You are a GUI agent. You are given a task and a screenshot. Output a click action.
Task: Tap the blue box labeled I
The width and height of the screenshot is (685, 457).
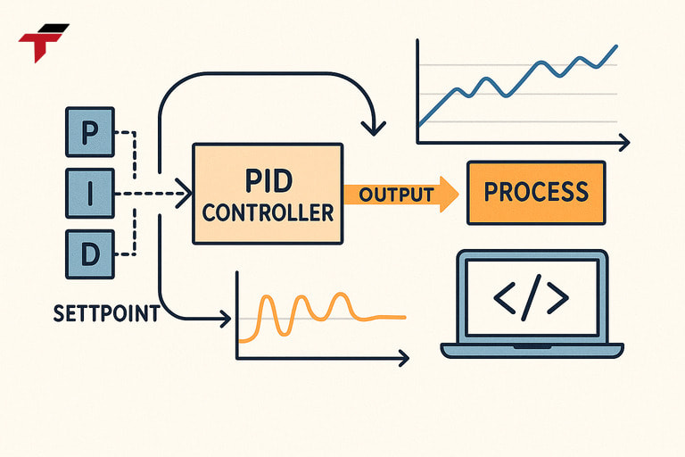pyautogui.click(x=90, y=193)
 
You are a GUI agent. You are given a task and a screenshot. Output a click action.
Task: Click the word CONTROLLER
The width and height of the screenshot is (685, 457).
pyautogui.click(x=267, y=214)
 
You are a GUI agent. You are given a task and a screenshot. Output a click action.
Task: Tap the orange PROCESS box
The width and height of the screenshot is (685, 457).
pyautogui.click(x=535, y=192)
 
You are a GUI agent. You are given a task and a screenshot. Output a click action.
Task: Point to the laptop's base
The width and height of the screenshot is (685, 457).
pyautogui.click(x=532, y=349)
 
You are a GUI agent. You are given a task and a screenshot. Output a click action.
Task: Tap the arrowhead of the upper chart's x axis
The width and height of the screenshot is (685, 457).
pyautogui.click(x=624, y=142)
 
